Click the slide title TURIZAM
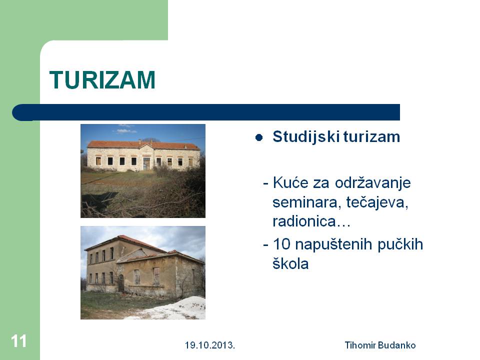(102, 80)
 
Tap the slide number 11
(18, 341)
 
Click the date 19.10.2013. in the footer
(209, 345)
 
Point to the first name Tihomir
(360, 345)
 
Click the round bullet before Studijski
(259, 138)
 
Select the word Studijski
(306, 137)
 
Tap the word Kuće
(290, 183)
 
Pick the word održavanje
(373, 183)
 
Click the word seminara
(307, 202)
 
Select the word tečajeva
(377, 202)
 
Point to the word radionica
(304, 221)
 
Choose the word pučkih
(400, 245)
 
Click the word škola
(290, 263)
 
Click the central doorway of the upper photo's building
(147, 163)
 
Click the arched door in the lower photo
(121, 283)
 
